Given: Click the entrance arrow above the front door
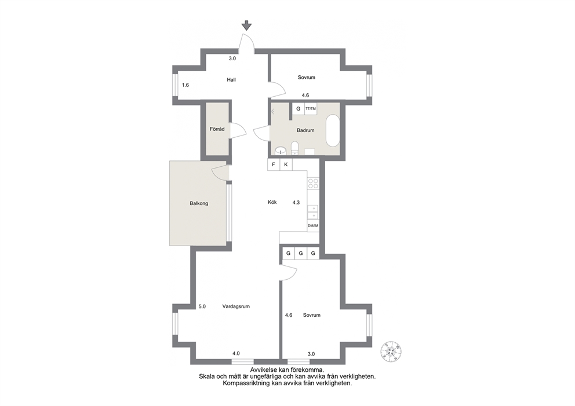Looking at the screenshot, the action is [247, 25].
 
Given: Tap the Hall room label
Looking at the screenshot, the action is [231, 79].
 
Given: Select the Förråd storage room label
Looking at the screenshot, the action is [217, 129].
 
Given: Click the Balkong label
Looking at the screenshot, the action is [199, 203].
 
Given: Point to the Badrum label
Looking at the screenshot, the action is [305, 130].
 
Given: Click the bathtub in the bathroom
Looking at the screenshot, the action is [333, 131].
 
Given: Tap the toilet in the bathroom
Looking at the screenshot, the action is [294, 148].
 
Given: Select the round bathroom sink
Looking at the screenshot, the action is [281, 151].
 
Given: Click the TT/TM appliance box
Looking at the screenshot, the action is [311, 109].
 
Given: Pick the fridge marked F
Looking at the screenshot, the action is [274, 164].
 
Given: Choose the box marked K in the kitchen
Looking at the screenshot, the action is [286, 164].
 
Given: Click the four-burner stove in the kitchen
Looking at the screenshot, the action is [313, 183].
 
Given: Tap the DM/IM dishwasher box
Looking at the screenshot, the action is [313, 226].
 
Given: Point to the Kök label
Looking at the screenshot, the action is [272, 202].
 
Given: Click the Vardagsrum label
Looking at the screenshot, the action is [236, 306].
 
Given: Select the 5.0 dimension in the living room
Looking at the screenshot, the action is [202, 306].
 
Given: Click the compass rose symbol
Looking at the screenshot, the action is [391, 350].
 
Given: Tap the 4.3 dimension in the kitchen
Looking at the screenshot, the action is [296, 202].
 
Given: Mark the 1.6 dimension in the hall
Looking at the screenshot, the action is [185, 85].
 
